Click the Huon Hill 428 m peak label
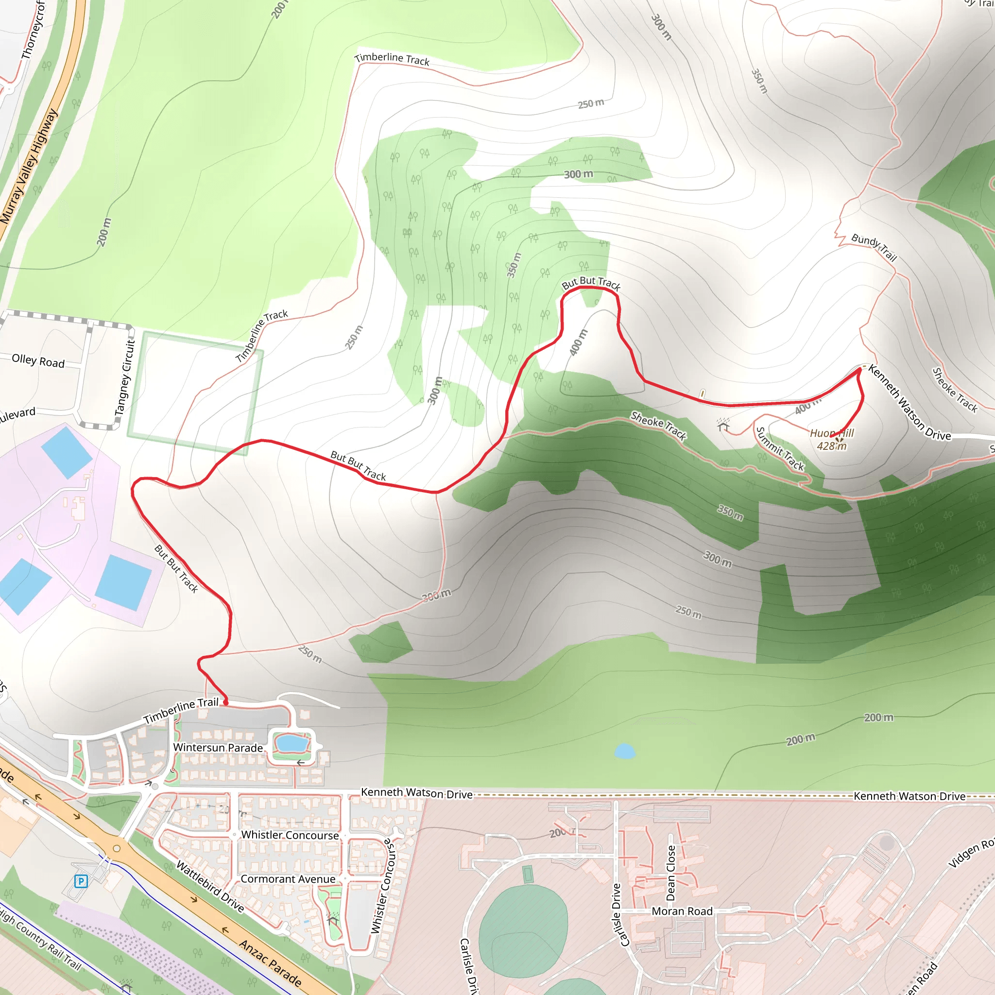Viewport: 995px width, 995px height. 831,439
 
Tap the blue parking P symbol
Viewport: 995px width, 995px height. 81,881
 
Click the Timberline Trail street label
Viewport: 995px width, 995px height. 181,710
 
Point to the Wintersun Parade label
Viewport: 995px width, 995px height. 218,747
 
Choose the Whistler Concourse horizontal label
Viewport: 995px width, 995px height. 290,835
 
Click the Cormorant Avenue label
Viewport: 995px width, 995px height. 288,879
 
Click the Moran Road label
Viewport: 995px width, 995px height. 682,911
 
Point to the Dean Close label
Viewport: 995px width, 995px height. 670,873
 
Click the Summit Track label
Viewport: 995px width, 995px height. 780,448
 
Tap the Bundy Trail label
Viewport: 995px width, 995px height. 874,247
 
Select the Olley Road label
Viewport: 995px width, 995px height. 38,360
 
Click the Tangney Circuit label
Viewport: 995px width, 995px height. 125,377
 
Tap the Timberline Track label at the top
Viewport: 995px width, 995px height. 392,59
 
